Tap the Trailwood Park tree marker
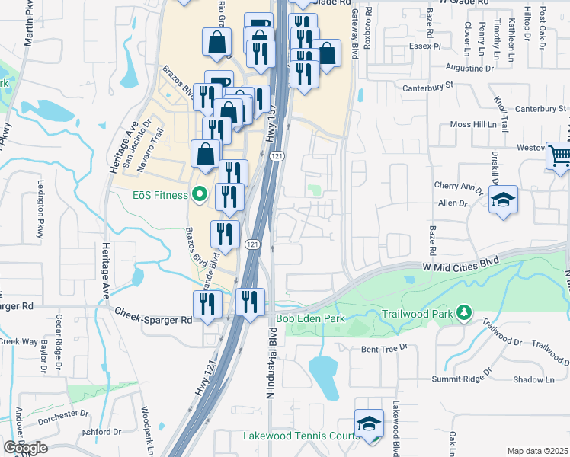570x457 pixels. point(462,312)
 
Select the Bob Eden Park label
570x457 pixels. point(310,318)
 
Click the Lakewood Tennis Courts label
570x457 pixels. point(300,436)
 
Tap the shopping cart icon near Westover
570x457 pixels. point(559,155)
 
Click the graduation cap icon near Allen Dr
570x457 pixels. point(504,200)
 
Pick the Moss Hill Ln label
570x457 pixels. point(479,123)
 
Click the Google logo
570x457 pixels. point(25,448)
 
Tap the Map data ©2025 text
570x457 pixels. point(536,451)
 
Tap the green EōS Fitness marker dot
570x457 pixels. point(200,196)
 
